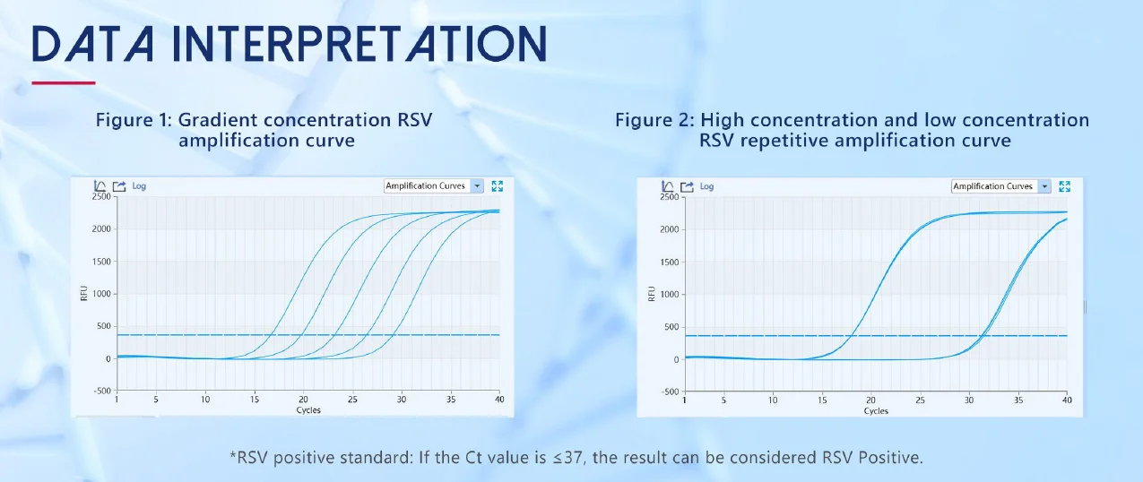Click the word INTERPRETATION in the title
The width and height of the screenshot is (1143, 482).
pos(359,44)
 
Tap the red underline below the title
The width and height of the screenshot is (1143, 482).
pos(64,82)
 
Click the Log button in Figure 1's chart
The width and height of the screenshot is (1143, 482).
pos(139,186)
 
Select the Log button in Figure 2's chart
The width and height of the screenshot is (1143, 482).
pos(706,186)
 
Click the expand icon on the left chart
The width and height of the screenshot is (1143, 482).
pos(497,186)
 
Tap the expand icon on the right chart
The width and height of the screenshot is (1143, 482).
pos(1064,186)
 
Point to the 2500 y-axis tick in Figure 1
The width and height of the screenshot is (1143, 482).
pos(101,196)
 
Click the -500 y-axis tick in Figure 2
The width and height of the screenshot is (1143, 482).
pos(669,392)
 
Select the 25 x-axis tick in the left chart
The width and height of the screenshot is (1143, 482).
pos(352,400)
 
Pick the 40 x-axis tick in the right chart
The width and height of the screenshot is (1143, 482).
pos(1067,400)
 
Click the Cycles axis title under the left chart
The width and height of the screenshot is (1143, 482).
pos(308,410)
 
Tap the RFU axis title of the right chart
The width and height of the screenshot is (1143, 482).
pos(652,294)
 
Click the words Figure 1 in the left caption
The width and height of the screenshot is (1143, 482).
pos(131,120)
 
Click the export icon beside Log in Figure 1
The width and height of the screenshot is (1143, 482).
pos(119,186)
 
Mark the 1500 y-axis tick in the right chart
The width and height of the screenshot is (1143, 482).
pos(669,263)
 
